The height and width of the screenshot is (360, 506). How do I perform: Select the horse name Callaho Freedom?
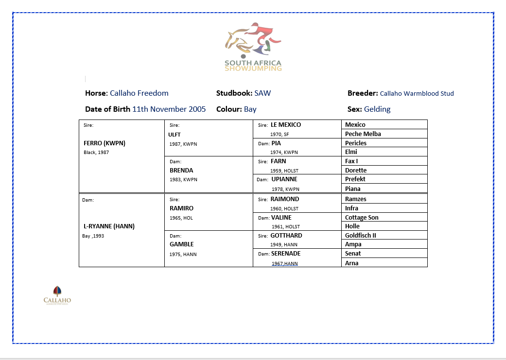coord(139,93)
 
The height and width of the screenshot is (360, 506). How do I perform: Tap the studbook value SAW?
coord(262,93)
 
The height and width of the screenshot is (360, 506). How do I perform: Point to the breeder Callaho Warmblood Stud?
coord(417,93)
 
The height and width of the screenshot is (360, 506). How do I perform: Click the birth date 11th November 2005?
coord(169,109)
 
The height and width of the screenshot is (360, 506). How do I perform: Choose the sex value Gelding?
coord(377,109)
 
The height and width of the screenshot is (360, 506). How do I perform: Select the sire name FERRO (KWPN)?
coord(105,143)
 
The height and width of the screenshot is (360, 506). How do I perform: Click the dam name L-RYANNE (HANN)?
coord(109,226)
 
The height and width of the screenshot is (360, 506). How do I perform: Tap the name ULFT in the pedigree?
coord(174,134)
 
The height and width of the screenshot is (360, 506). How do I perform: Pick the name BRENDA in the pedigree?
coord(181,171)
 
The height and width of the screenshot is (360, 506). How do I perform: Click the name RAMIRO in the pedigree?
coord(181,208)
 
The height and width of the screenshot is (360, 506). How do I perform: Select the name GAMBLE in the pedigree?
coord(182,244)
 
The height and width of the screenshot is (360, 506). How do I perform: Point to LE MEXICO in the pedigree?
coord(286,125)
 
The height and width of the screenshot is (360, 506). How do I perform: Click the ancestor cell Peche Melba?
coord(363,134)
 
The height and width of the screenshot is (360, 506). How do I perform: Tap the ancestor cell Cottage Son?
coord(362,218)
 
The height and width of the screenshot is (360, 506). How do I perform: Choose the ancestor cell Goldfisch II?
coord(361,236)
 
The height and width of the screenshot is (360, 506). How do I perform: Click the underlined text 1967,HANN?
coord(284,263)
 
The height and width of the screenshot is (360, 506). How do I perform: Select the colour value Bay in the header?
coord(250,109)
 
